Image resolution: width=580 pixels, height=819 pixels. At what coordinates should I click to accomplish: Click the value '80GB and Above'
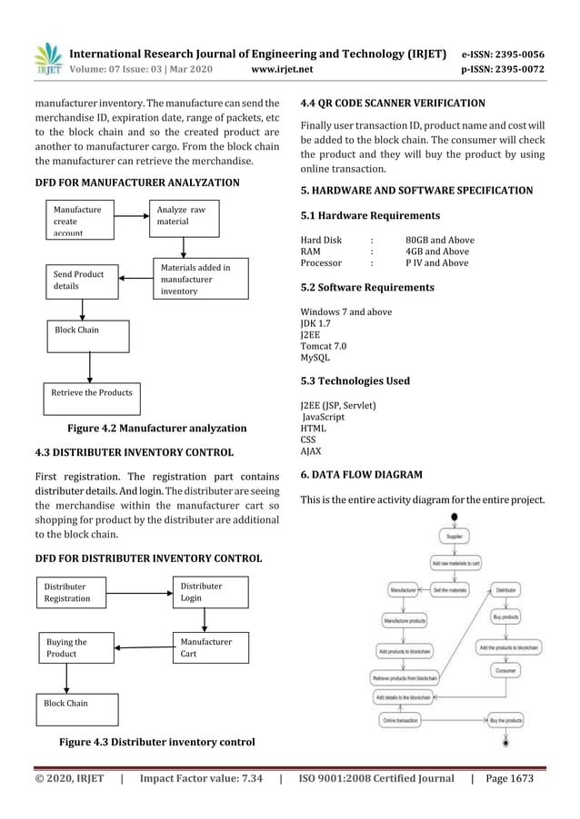[439, 241]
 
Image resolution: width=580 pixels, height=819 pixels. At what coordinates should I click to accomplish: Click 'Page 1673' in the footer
[510, 778]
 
